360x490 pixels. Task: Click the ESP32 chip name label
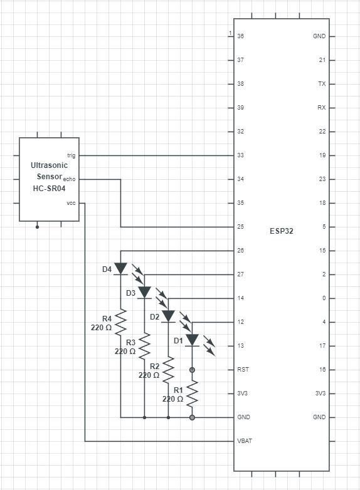click(x=281, y=231)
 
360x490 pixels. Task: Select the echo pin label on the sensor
click(x=70, y=179)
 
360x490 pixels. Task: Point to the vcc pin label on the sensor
click(x=71, y=202)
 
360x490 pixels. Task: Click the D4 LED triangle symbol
click(x=120, y=268)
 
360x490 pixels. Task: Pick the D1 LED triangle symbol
click(x=192, y=340)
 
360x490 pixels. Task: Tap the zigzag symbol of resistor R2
click(x=168, y=370)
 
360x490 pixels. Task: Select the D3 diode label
click(x=131, y=293)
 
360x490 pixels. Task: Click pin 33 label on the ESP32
click(x=241, y=155)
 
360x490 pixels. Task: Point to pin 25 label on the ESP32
click(x=241, y=226)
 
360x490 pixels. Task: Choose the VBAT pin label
click(x=245, y=440)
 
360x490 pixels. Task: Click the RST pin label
click(x=243, y=369)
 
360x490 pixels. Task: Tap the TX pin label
click(x=322, y=83)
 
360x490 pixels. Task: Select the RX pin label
click(x=322, y=107)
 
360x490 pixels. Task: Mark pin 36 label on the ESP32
click(x=241, y=36)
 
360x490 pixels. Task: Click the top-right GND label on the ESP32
click(x=319, y=36)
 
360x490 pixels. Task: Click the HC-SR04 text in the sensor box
click(x=48, y=188)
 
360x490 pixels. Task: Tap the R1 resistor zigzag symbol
click(x=192, y=394)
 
